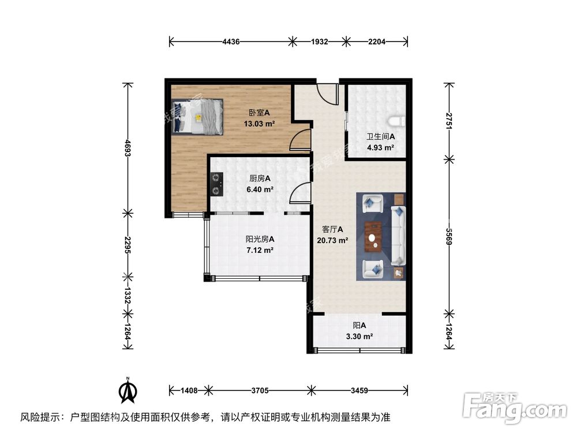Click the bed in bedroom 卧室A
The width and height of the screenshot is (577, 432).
[198, 116]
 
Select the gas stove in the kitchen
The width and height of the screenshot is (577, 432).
[216, 184]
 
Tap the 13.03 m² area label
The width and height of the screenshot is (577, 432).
[259, 123]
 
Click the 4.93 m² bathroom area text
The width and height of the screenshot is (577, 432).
[380, 147]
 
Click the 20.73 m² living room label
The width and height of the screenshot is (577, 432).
[332, 240]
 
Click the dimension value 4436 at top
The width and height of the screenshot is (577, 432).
[231, 41]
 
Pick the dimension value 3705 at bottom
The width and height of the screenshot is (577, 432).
[260, 391]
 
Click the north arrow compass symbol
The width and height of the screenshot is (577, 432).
[128, 392]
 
